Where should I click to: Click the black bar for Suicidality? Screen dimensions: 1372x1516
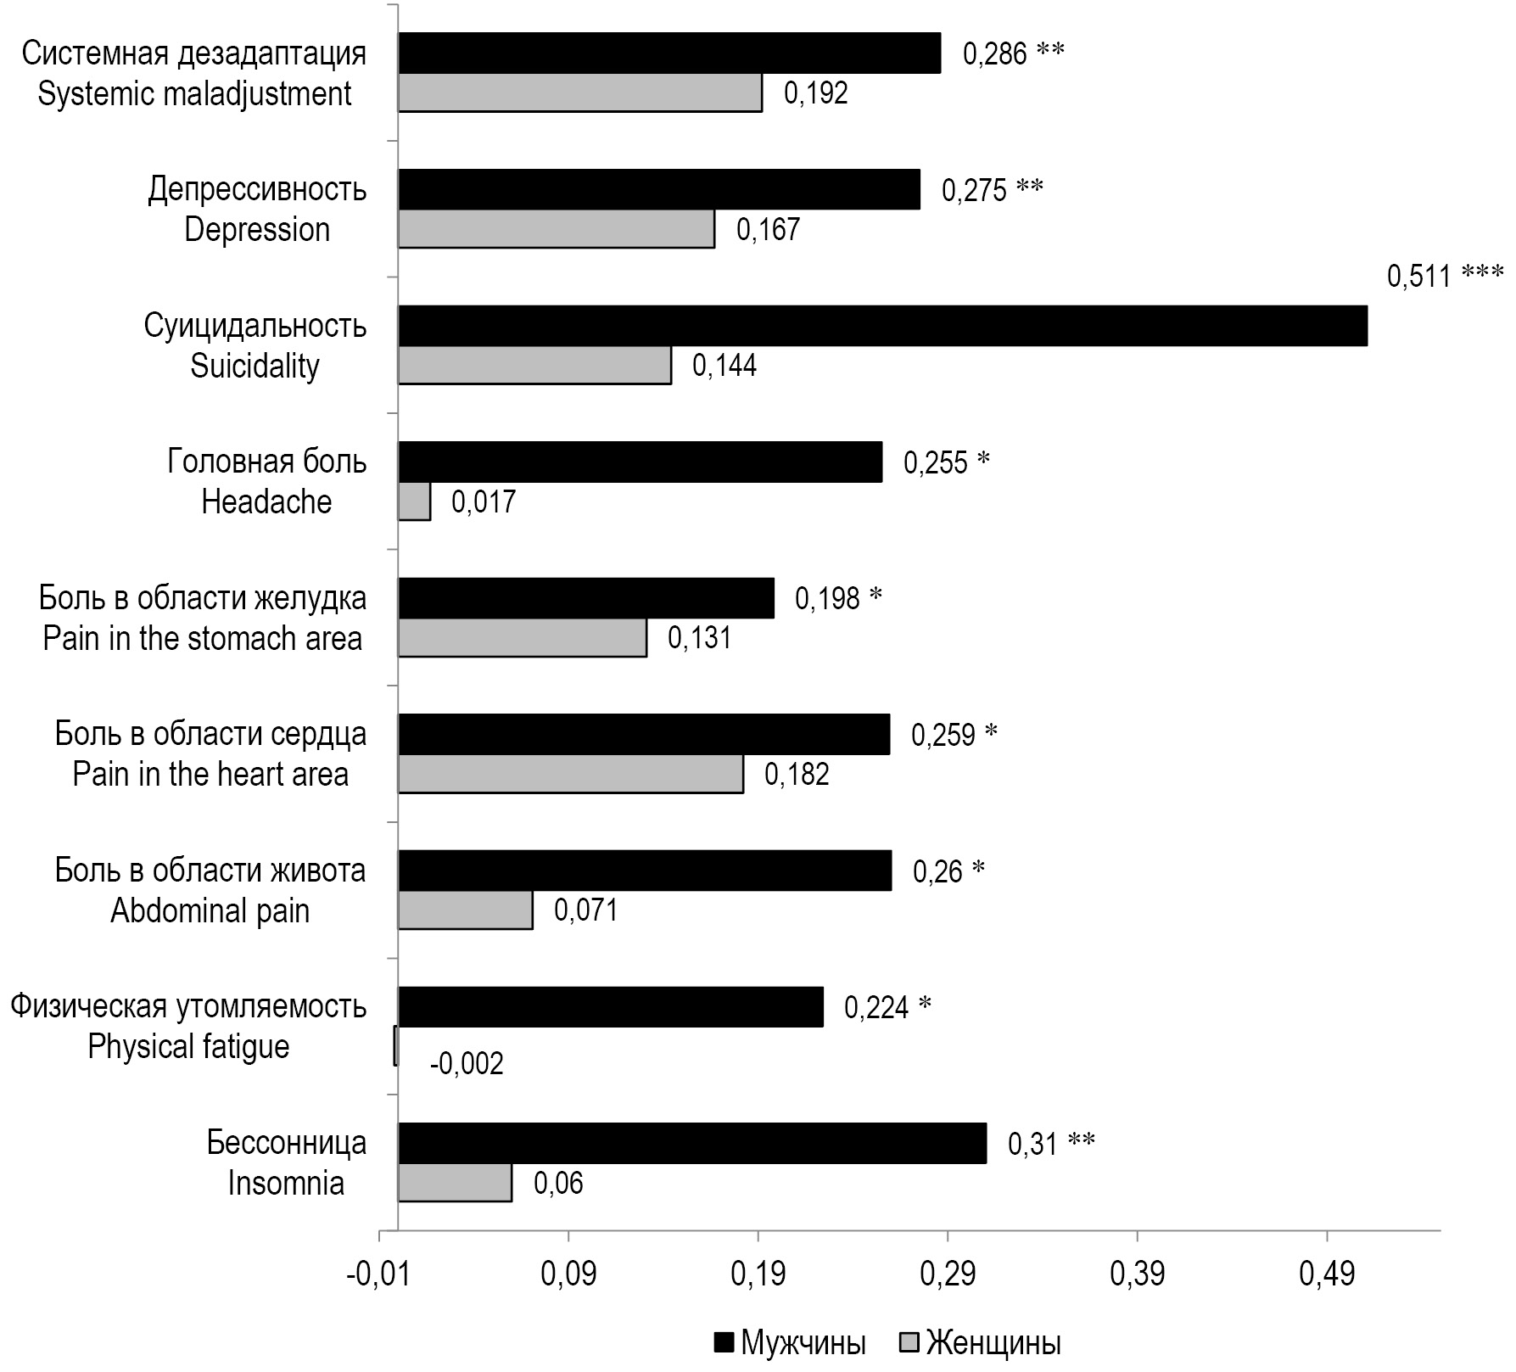point(882,326)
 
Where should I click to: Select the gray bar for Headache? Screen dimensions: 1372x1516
point(414,501)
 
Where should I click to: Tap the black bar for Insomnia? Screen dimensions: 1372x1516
point(692,1143)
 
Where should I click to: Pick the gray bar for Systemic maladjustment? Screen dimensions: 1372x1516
point(580,93)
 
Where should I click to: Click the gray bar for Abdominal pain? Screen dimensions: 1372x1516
point(466,910)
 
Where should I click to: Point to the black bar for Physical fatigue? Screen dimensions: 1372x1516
point(611,1006)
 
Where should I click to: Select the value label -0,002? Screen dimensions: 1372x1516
point(467,1063)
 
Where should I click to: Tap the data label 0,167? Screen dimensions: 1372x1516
point(768,229)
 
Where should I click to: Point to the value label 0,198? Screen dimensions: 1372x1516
point(827,598)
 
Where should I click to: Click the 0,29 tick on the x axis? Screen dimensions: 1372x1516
point(947,1275)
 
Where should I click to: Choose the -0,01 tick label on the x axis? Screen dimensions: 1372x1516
point(378,1275)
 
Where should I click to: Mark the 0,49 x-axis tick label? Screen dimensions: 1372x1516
point(1326,1275)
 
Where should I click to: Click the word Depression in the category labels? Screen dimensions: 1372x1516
point(257,229)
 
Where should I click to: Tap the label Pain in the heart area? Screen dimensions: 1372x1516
point(210,774)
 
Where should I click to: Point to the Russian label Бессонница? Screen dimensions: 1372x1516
point(287,1142)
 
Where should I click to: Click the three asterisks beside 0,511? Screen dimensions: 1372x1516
point(1482,274)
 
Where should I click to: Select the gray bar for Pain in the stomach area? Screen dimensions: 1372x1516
point(523,638)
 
